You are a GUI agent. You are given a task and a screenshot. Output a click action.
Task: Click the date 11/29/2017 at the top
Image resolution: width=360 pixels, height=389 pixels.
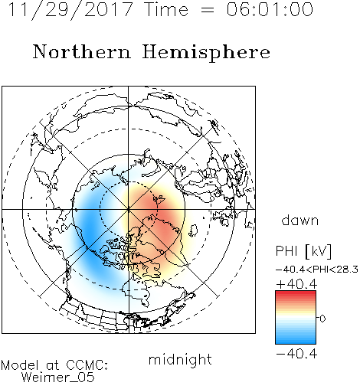[70, 10]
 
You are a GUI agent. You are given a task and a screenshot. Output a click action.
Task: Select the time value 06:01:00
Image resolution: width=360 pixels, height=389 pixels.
[270, 9]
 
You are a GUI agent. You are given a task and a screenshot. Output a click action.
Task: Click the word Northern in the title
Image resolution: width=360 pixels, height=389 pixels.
[82, 51]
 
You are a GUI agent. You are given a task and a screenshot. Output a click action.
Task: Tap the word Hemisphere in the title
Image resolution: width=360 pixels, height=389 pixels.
[206, 53]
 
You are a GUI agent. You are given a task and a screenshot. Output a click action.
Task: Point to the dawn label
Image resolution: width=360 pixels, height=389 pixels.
[300, 220]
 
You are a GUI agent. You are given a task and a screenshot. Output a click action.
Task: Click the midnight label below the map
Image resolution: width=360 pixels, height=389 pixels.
[180, 360]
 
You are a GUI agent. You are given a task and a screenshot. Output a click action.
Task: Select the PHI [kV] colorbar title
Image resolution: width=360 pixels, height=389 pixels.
[303, 251]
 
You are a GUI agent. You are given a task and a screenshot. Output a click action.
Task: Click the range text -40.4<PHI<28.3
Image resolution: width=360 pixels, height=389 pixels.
[317, 270]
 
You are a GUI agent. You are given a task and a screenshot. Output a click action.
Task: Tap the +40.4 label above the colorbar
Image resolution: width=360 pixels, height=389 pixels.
[296, 284]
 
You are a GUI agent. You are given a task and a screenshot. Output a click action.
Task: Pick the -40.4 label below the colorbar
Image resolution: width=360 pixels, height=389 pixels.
[296, 354]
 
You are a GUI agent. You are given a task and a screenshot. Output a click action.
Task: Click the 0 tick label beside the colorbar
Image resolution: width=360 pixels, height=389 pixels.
[322, 319]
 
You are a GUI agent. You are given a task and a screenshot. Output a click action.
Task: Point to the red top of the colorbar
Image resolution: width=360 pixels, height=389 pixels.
[296, 293]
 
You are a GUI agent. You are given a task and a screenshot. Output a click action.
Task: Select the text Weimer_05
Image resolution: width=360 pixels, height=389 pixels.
[58, 378]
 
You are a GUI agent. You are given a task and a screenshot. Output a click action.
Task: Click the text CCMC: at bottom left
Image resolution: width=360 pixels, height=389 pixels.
[87, 365]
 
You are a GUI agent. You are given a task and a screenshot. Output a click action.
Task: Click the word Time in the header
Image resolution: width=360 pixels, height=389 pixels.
[166, 9]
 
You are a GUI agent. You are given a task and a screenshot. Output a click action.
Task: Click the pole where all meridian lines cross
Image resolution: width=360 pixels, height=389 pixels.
[129, 209]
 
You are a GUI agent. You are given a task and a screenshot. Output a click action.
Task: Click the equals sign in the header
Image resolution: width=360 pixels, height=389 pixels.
[208, 10]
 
